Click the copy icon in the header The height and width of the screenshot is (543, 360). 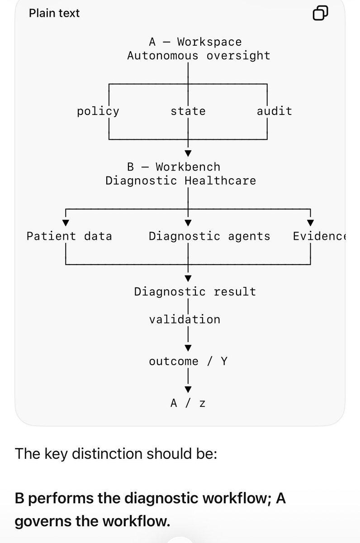320,13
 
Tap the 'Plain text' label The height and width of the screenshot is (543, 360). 54,13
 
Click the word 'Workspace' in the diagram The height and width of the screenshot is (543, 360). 209,42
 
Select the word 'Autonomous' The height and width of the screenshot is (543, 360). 162,56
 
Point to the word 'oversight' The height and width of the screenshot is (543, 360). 238,56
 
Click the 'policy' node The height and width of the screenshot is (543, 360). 98,111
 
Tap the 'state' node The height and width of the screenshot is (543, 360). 188,111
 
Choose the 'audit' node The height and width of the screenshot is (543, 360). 274,111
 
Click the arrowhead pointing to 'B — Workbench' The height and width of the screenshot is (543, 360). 188,153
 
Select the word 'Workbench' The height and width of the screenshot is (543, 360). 188,167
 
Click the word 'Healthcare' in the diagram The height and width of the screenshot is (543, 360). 220,181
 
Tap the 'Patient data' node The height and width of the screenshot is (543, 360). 69,236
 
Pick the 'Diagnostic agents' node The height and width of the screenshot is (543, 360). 209,236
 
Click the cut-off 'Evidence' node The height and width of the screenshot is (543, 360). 319,236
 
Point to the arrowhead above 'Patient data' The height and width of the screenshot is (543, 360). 66,223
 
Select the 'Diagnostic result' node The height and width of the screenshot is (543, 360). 195,292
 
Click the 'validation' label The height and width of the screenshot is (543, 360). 185,319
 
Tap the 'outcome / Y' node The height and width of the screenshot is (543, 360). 188,362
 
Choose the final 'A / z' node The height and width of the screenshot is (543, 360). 188,403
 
